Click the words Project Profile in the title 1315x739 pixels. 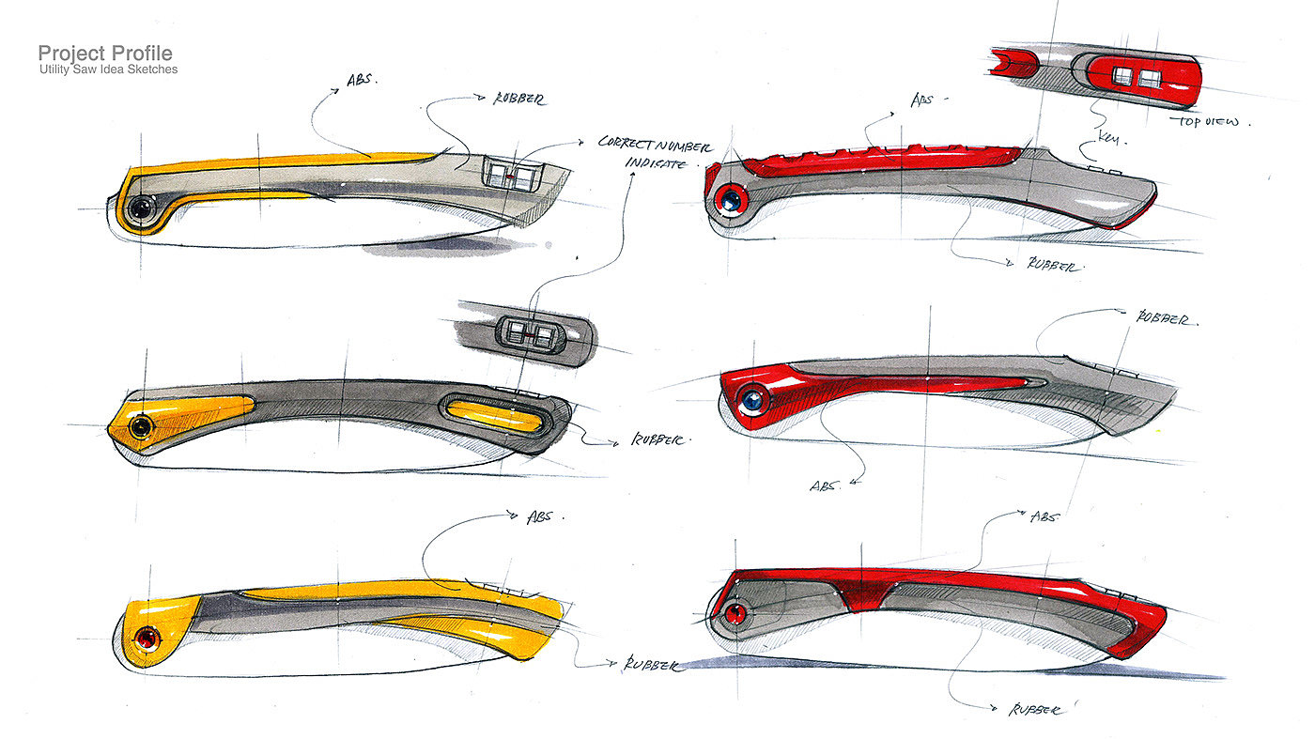pos(105,54)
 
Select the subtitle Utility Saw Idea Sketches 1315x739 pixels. pos(108,69)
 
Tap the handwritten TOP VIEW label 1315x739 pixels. pos(1212,122)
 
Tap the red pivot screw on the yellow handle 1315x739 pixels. pos(147,639)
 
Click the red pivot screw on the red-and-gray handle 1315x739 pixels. pos(736,614)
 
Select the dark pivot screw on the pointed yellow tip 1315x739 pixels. pos(141,427)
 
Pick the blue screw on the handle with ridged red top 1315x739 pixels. pos(728,198)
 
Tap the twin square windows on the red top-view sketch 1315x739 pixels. pos(1137,78)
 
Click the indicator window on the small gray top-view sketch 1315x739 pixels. pos(529,332)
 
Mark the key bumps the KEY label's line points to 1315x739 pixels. pos(1101,167)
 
